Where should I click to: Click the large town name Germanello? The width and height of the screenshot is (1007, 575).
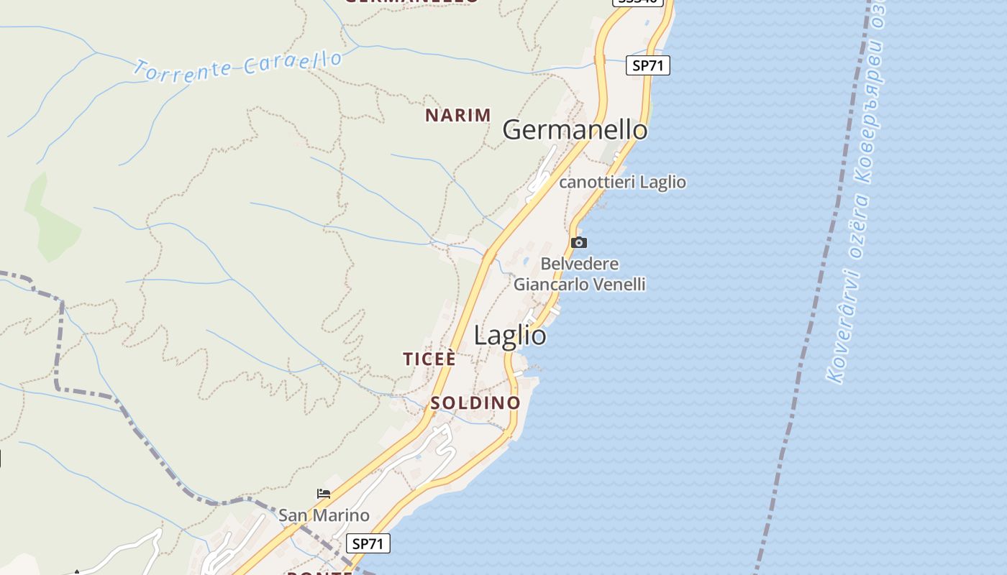[x=575, y=130]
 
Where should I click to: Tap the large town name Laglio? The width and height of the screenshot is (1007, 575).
[x=510, y=336]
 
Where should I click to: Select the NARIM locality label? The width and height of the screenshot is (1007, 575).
[x=458, y=115]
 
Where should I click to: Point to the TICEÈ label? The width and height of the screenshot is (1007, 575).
[x=429, y=359]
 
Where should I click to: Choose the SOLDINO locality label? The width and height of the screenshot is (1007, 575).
[x=475, y=402]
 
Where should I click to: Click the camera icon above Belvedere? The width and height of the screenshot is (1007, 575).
[x=579, y=242]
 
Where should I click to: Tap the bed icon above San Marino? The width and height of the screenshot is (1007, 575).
[x=324, y=494]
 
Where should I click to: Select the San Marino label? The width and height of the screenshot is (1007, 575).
[x=324, y=515]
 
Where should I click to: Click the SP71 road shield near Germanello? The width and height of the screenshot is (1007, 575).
[x=647, y=65]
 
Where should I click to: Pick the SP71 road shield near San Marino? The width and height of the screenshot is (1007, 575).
[x=368, y=543]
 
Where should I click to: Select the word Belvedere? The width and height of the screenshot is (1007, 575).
[x=580, y=264]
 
